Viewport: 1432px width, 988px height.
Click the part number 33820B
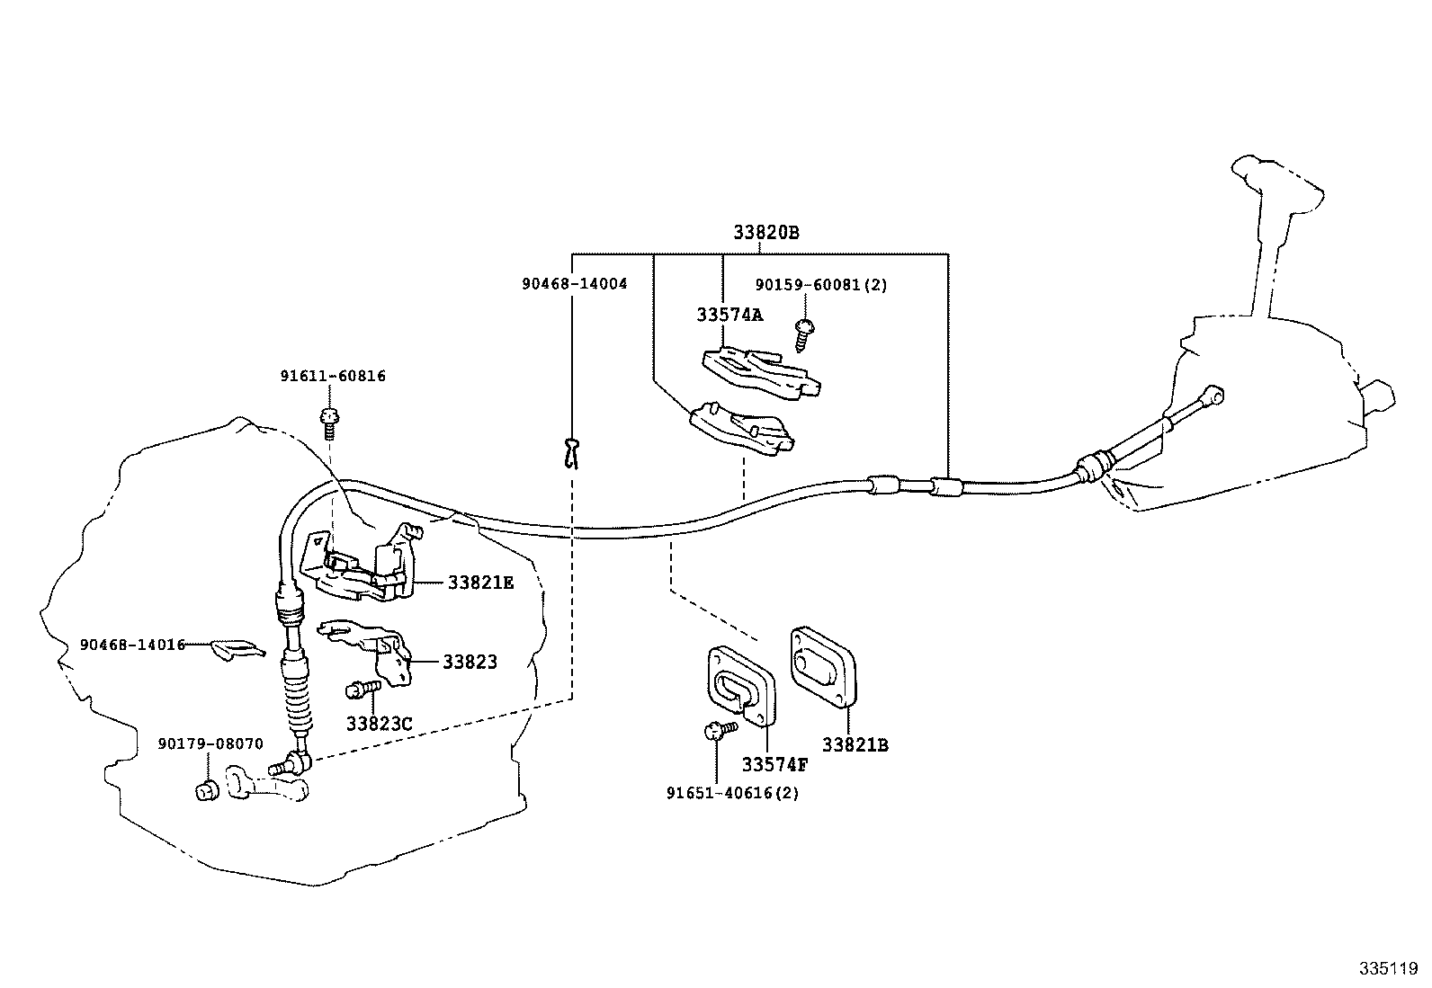click(765, 232)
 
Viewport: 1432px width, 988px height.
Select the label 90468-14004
click(574, 283)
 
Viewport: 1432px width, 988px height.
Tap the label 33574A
click(729, 315)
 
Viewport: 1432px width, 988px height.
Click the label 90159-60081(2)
click(821, 285)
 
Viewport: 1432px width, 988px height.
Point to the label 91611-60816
click(332, 376)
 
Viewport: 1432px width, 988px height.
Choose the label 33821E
click(480, 583)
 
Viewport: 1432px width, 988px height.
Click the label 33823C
click(379, 723)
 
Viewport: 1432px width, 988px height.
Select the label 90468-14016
click(132, 645)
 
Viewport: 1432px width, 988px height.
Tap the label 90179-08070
click(210, 743)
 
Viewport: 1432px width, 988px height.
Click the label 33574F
click(774, 765)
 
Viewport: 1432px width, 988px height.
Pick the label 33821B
click(855, 745)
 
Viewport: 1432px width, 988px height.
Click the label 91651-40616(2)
click(732, 793)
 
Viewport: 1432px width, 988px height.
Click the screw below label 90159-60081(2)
click(802, 334)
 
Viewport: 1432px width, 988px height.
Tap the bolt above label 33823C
click(362, 690)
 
